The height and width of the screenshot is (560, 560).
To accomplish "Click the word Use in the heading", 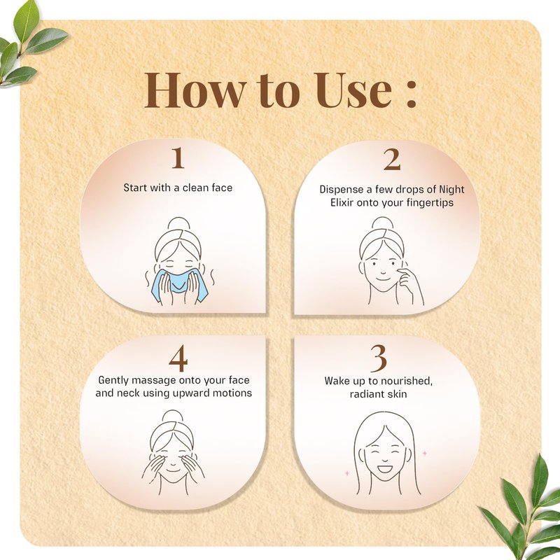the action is coord(353,90).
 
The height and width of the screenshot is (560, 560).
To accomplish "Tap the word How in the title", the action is coord(195,90).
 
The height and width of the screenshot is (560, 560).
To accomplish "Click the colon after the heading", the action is coord(412,94).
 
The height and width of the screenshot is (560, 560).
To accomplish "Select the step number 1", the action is coord(178,158).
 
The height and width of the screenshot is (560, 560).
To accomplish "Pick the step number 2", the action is coord(392,160).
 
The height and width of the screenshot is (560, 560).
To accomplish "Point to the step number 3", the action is coord(379,358).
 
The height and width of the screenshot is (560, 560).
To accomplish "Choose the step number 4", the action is coord(178,358).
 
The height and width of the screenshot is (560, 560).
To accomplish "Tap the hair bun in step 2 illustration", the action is coord(382,223).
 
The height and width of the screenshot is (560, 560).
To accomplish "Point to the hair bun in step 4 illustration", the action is coord(172,416).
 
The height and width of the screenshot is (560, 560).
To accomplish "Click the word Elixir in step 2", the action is coord(342,202).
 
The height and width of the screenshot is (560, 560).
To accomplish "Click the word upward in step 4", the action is coord(191,393).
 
